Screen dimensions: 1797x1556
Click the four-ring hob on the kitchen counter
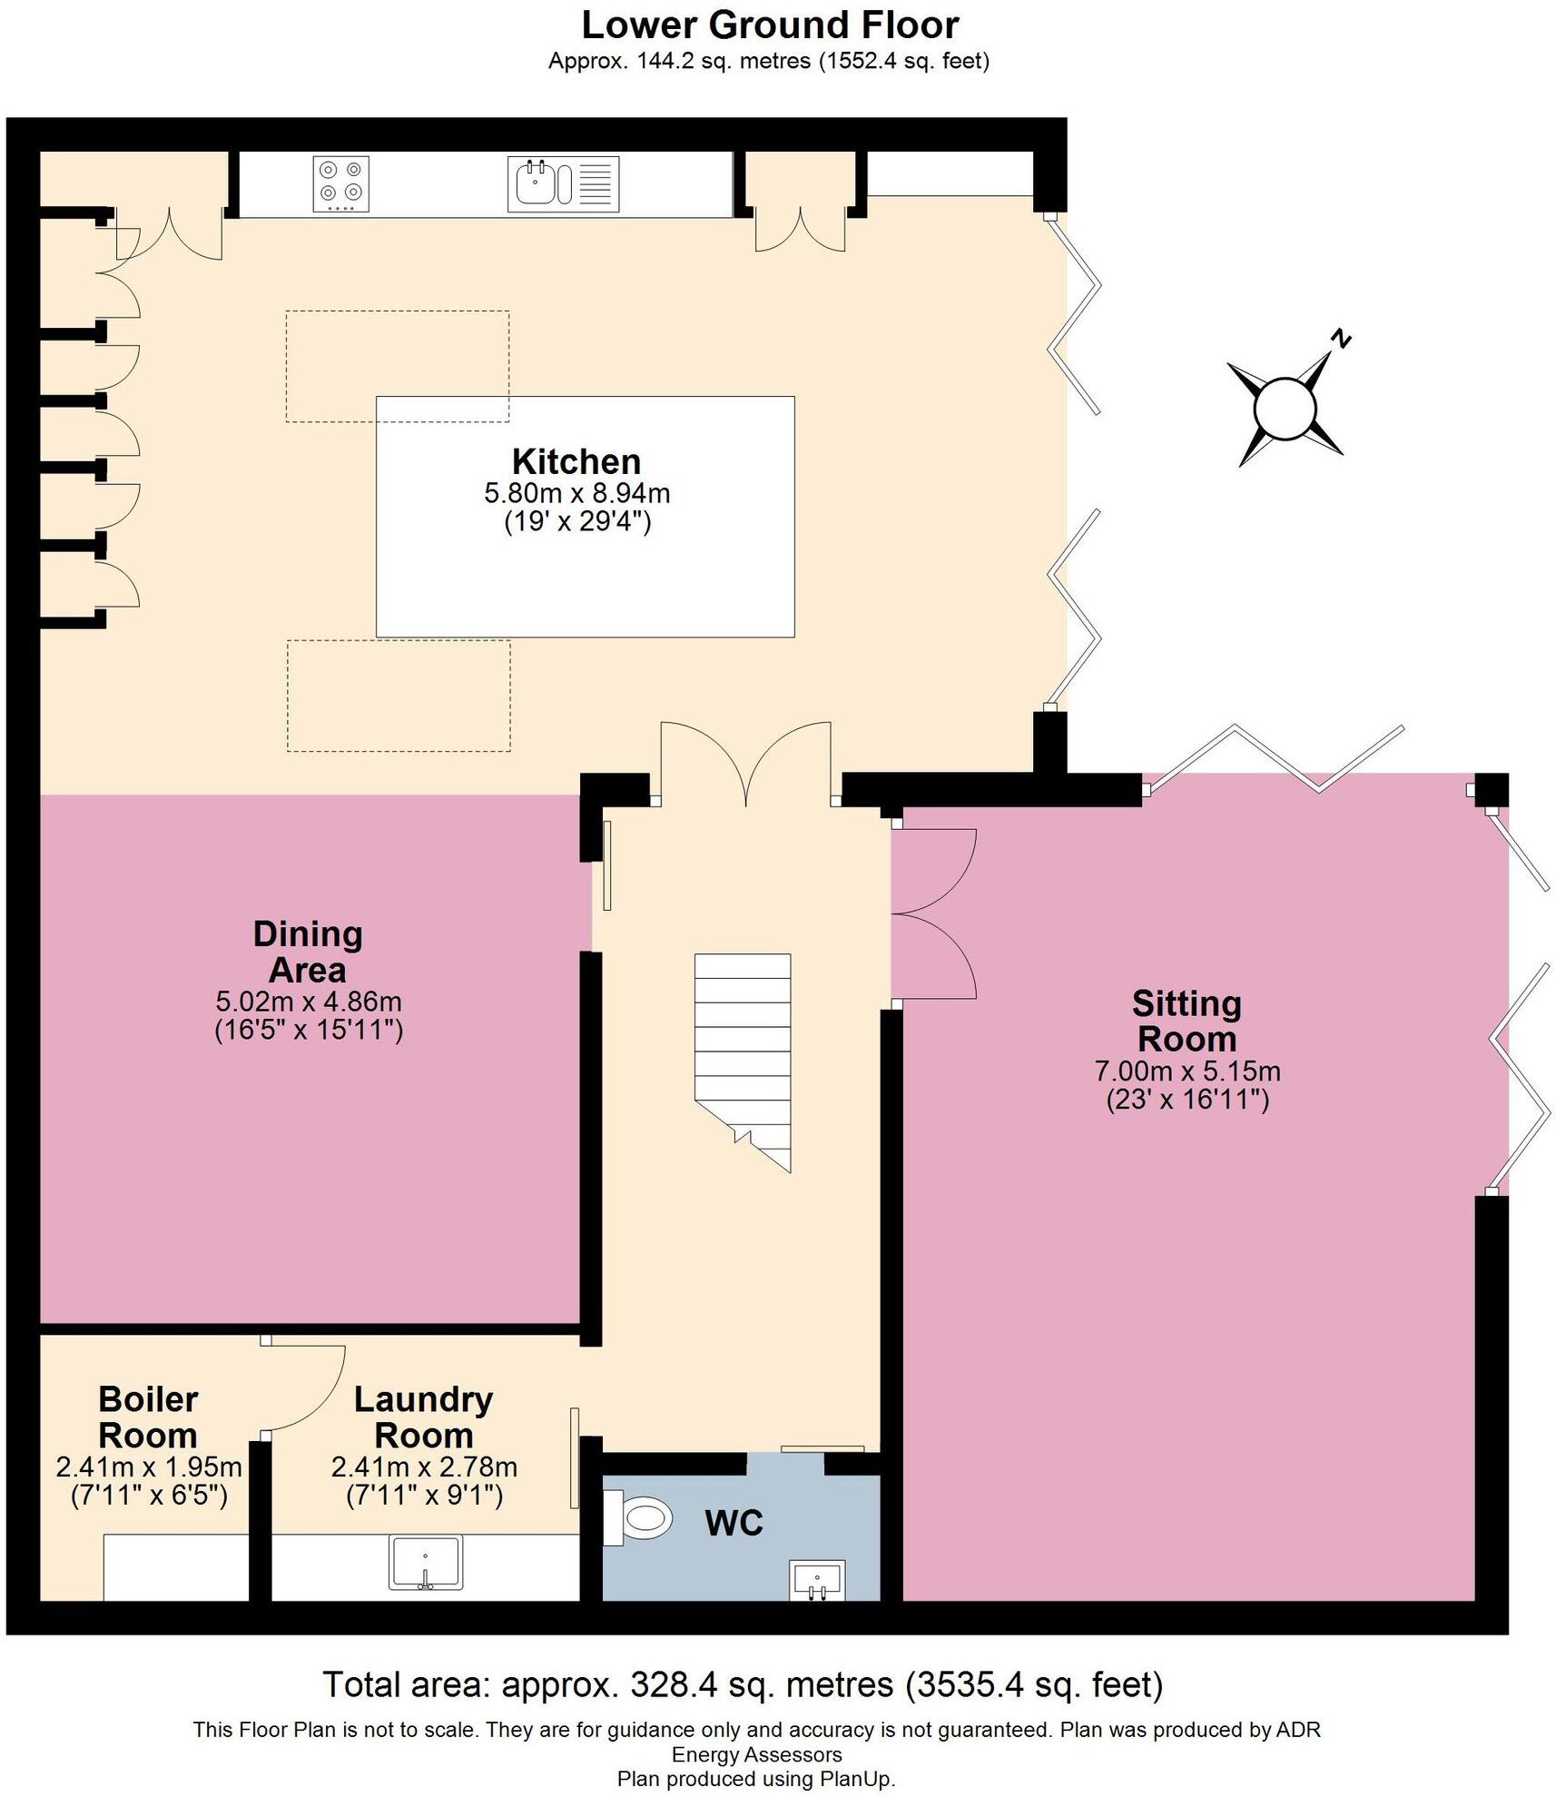[x=341, y=183]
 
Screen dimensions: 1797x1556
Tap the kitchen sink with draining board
[x=563, y=183]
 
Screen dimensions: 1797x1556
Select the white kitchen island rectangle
[x=586, y=581]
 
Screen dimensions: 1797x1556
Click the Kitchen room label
[x=576, y=461]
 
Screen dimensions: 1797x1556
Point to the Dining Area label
[x=308, y=952]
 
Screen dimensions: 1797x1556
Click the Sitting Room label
[x=1187, y=1021]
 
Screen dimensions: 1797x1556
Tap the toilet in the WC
[x=640, y=1517]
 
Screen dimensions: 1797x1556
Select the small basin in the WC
[x=817, y=1580]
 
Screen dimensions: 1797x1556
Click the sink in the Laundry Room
[x=425, y=1562]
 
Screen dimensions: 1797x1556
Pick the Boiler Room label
[x=148, y=1417]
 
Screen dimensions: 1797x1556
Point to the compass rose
[x=1285, y=409]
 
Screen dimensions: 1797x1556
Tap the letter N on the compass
[x=1341, y=341]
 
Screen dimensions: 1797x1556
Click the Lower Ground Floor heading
[x=770, y=25]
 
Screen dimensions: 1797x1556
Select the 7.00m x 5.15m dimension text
[x=1187, y=1071]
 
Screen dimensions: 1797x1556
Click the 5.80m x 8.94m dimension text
[x=577, y=494]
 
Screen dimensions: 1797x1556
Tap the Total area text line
[x=743, y=1684]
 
